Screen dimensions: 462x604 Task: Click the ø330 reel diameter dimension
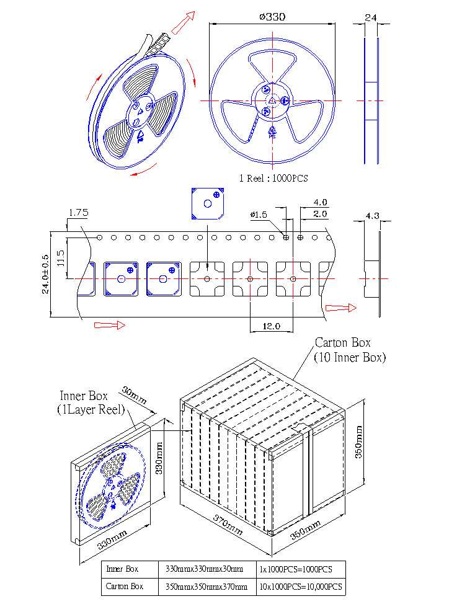point(272,17)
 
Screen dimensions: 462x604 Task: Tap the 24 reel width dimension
point(371,18)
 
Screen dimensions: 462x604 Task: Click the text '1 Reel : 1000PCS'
point(273,179)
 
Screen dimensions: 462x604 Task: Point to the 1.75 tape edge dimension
point(78,213)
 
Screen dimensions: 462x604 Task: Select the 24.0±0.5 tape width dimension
point(45,274)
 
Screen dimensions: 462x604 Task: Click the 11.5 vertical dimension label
point(61,258)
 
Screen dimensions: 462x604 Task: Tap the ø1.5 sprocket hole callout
point(259,215)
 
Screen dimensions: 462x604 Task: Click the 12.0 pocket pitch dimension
point(271,326)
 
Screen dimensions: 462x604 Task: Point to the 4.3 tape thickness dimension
point(372,216)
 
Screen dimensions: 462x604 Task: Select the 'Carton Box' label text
point(342,342)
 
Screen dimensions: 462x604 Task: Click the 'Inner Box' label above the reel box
point(84,396)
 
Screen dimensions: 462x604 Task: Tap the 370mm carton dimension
point(228,525)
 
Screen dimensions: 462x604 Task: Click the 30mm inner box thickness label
point(134,395)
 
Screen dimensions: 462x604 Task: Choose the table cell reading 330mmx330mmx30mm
point(204,569)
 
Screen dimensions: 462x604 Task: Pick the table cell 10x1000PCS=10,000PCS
point(301,587)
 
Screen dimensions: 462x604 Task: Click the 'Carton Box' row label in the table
point(125,586)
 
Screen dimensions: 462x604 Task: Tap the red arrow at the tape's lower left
point(110,326)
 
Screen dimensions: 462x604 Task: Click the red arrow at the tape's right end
point(341,308)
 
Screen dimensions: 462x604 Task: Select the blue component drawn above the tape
point(208,204)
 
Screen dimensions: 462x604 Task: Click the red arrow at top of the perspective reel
point(183,23)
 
